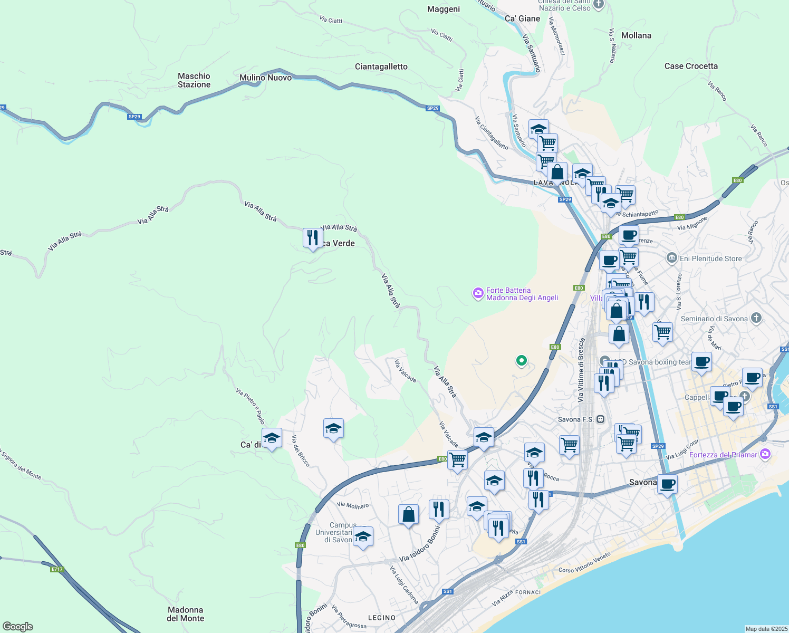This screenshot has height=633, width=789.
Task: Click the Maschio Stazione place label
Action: [194, 80]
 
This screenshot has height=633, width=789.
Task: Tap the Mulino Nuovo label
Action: [265, 78]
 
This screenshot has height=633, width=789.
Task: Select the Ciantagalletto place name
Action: [381, 66]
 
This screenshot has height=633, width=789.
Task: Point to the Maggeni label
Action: [444, 9]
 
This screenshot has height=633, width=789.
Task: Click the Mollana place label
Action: [636, 35]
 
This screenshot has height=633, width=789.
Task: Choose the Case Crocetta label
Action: [691, 66]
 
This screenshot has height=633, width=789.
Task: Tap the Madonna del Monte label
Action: [185, 614]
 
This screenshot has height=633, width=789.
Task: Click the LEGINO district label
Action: [381, 618]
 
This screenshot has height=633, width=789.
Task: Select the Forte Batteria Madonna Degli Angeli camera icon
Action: [478, 293]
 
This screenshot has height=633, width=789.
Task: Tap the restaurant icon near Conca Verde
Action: [313, 238]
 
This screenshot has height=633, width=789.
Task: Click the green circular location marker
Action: [521, 361]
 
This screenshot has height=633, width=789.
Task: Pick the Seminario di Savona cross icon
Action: [756, 318]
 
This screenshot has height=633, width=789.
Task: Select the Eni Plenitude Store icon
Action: [671, 258]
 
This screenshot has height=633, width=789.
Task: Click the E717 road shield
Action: [57, 569]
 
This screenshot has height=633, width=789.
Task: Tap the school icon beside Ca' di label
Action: [272, 438]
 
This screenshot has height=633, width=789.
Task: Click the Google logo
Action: [17, 627]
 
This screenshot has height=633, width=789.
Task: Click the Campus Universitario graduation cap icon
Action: [363, 537]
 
